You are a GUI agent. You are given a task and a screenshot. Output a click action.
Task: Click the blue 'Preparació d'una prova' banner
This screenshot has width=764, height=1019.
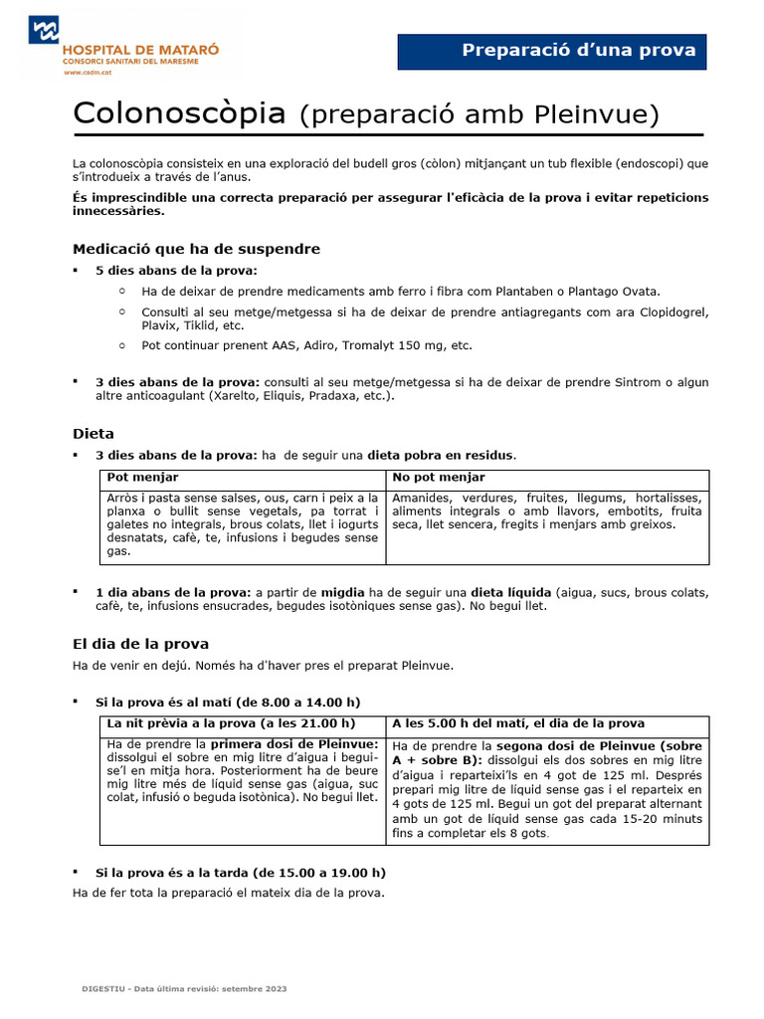click(551, 51)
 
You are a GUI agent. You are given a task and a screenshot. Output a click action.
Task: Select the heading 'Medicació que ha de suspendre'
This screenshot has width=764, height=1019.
click(196, 249)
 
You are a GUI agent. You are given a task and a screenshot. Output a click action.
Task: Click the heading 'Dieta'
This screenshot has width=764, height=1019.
click(94, 434)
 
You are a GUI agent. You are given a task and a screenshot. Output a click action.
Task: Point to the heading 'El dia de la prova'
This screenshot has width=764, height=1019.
click(140, 644)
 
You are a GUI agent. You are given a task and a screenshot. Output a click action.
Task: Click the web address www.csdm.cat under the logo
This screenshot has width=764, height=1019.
click(87, 72)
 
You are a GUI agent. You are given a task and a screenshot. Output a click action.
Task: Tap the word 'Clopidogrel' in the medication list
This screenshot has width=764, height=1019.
click(670, 312)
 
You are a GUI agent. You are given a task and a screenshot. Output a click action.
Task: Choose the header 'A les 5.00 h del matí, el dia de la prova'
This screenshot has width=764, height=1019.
click(518, 723)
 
